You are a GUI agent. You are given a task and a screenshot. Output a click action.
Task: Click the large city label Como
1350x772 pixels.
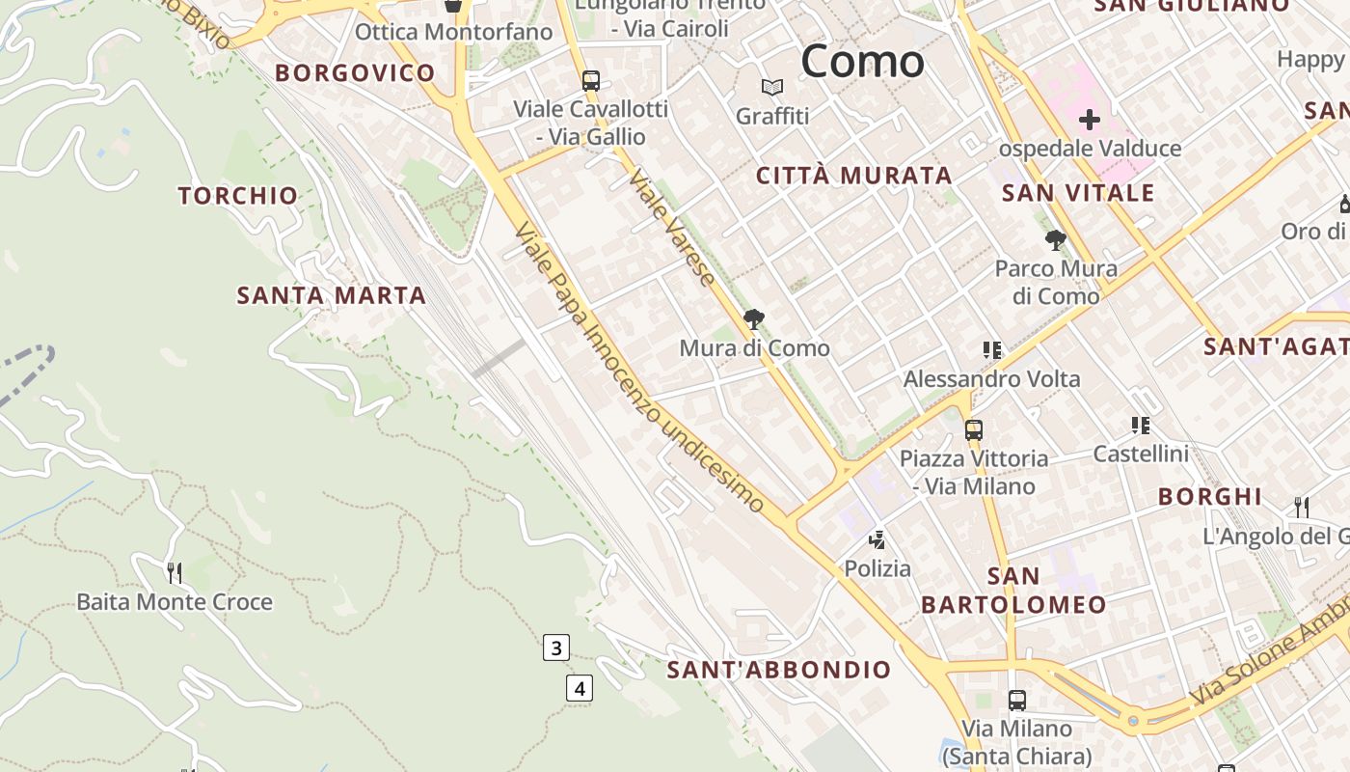tap(862, 61)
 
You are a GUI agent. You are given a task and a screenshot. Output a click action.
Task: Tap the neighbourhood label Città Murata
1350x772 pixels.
tap(854, 176)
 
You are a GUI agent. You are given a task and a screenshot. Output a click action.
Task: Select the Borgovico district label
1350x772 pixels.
tap(355, 73)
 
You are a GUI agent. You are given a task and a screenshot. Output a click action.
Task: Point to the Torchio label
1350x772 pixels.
tap(238, 196)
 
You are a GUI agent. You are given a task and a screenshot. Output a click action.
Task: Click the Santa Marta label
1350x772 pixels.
tap(332, 296)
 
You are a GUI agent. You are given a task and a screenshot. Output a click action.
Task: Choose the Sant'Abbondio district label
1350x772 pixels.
tap(779, 670)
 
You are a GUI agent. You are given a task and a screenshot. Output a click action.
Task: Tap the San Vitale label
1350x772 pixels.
tap(1078, 193)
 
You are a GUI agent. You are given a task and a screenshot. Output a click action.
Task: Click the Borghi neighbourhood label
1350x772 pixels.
tap(1210, 497)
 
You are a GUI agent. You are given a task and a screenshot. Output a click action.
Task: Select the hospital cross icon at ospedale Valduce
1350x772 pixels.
tap(1090, 120)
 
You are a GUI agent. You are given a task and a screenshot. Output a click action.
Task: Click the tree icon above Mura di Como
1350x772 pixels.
tap(754, 318)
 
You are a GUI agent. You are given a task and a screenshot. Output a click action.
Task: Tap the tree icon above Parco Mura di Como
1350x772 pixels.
tap(1056, 239)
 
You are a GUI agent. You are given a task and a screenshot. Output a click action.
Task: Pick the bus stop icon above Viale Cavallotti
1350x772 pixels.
tap(591, 81)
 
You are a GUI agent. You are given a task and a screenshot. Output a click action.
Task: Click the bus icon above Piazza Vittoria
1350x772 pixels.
tap(974, 429)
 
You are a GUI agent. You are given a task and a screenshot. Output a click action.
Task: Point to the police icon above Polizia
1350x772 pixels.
tap(877, 539)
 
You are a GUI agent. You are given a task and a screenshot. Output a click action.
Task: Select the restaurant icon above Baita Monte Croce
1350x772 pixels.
tap(175, 572)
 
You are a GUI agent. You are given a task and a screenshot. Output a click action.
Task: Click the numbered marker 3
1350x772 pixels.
tap(555, 648)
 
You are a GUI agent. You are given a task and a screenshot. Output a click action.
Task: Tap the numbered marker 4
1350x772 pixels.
tap(579, 688)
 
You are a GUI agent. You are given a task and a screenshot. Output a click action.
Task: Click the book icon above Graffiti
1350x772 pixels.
tap(772, 88)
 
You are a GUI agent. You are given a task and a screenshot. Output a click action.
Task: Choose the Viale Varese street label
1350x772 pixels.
tap(673, 228)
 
